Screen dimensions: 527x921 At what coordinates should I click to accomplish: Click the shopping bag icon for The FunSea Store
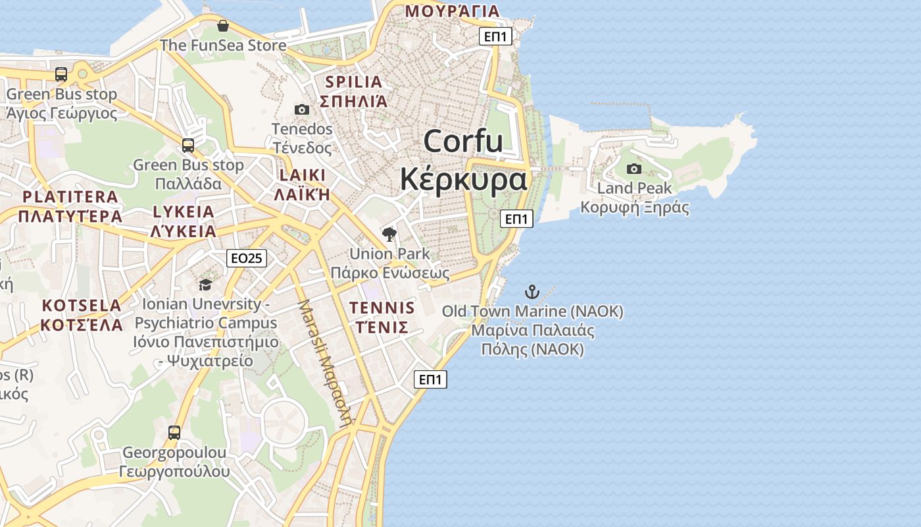[x=223, y=26]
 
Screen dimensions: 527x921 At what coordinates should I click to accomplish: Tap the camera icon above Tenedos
[x=302, y=109]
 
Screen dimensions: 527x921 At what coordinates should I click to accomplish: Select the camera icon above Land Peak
[x=634, y=169]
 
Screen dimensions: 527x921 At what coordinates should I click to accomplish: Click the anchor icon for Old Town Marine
[x=532, y=292]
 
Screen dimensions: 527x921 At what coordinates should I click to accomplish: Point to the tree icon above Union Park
[x=389, y=234]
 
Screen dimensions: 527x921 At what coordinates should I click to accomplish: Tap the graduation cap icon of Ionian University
[x=206, y=285]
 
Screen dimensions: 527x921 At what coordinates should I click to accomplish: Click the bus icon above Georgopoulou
[x=174, y=433]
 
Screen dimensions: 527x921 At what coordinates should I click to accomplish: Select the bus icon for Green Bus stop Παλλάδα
[x=188, y=146]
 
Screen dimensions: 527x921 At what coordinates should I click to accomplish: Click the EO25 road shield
[x=247, y=258]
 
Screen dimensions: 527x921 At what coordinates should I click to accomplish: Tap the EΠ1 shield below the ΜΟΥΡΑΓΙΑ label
[x=496, y=36]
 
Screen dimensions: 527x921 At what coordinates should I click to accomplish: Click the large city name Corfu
[x=463, y=142]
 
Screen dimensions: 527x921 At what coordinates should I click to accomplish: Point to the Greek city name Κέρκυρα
[x=464, y=179]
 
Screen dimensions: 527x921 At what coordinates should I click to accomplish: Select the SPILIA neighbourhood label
[x=353, y=82]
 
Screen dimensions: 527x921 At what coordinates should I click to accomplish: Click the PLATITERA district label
[x=70, y=197]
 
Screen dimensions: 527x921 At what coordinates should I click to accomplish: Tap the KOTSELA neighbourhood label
[x=82, y=306]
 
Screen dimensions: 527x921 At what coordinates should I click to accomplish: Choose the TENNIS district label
[x=382, y=308]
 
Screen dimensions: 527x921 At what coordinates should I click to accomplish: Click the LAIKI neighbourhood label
[x=303, y=175]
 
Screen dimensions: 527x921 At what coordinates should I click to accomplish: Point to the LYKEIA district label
[x=184, y=212]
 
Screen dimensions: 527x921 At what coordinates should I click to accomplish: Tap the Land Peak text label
[x=634, y=188]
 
